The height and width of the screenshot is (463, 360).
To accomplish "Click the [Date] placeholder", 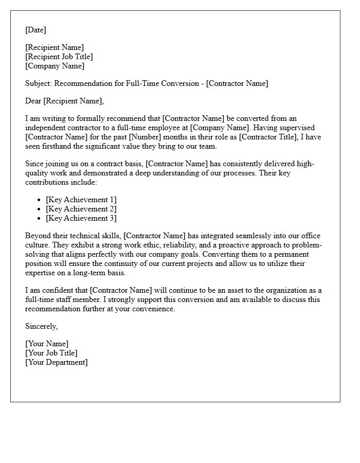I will [x=35, y=30].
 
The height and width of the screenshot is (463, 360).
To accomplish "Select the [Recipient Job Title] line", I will [x=59, y=57].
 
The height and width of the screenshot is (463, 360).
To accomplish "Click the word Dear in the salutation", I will [x=33, y=101].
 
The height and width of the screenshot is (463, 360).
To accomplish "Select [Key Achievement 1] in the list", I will [x=81, y=200].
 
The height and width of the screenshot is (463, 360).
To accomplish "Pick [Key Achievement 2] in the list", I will [x=81, y=209].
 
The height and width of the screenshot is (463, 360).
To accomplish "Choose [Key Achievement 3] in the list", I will [x=81, y=218].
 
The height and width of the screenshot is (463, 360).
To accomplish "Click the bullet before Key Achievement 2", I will [x=39, y=209].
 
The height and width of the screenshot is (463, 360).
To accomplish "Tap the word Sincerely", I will [x=41, y=326].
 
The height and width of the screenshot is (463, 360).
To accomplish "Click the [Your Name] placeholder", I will [x=47, y=344].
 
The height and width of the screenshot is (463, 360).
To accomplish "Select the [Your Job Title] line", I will [x=51, y=353].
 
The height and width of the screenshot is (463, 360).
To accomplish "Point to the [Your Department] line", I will [x=57, y=362].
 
